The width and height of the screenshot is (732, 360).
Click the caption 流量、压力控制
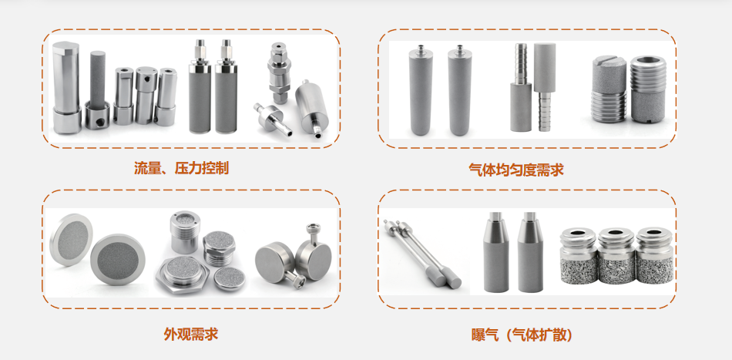(x=182, y=167)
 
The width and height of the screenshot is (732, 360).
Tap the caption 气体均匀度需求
(x=516, y=169)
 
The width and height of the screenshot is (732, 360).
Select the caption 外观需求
(x=191, y=334)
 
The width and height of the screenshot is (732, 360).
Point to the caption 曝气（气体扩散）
(x=522, y=335)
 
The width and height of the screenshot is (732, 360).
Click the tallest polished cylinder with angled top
(x=67, y=87)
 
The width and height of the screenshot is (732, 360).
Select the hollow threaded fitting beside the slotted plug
(x=647, y=89)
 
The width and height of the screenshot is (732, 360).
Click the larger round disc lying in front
(x=118, y=259)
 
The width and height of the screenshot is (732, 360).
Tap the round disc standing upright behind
(x=70, y=240)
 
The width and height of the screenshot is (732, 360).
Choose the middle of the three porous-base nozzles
(x=616, y=255)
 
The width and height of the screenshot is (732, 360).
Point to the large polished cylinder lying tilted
(x=311, y=110)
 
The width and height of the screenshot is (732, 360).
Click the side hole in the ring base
(x=99, y=123)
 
